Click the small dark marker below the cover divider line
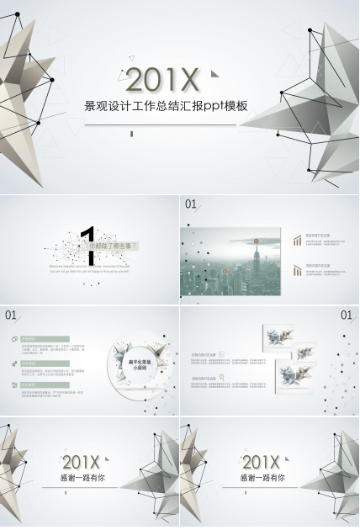click(x=130, y=132)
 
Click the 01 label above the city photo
click(x=191, y=204)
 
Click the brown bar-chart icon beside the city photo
click(x=297, y=241)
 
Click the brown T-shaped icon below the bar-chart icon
click(x=297, y=268)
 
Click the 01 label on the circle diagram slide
click(x=11, y=315)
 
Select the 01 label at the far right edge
click(x=347, y=315)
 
